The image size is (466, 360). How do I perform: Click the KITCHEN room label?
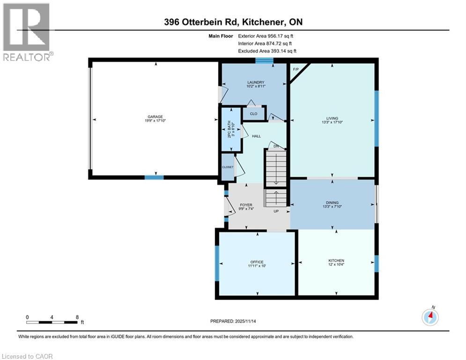click(336, 261)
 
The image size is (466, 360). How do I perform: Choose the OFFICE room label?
click(257, 262)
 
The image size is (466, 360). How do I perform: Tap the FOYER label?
click(246, 205)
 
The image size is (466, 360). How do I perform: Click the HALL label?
click(256, 136)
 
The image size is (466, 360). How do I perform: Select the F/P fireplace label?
click(296, 69)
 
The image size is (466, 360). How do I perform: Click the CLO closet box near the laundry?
click(253, 113)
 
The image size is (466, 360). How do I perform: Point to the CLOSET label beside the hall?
click(228, 167)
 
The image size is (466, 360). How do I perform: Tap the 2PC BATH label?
click(229, 129)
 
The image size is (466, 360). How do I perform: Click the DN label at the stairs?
click(276, 147)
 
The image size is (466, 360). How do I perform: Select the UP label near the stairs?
click(277, 211)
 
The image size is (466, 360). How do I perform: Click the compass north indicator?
click(430, 317)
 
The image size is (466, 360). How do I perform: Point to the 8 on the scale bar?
click(77, 317)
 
